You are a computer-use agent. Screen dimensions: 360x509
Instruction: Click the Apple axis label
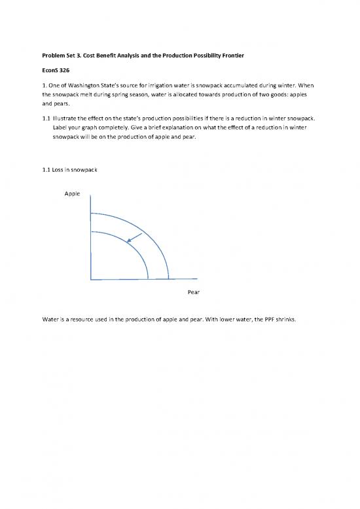[73, 195]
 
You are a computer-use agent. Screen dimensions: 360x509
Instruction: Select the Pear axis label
[193, 292]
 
